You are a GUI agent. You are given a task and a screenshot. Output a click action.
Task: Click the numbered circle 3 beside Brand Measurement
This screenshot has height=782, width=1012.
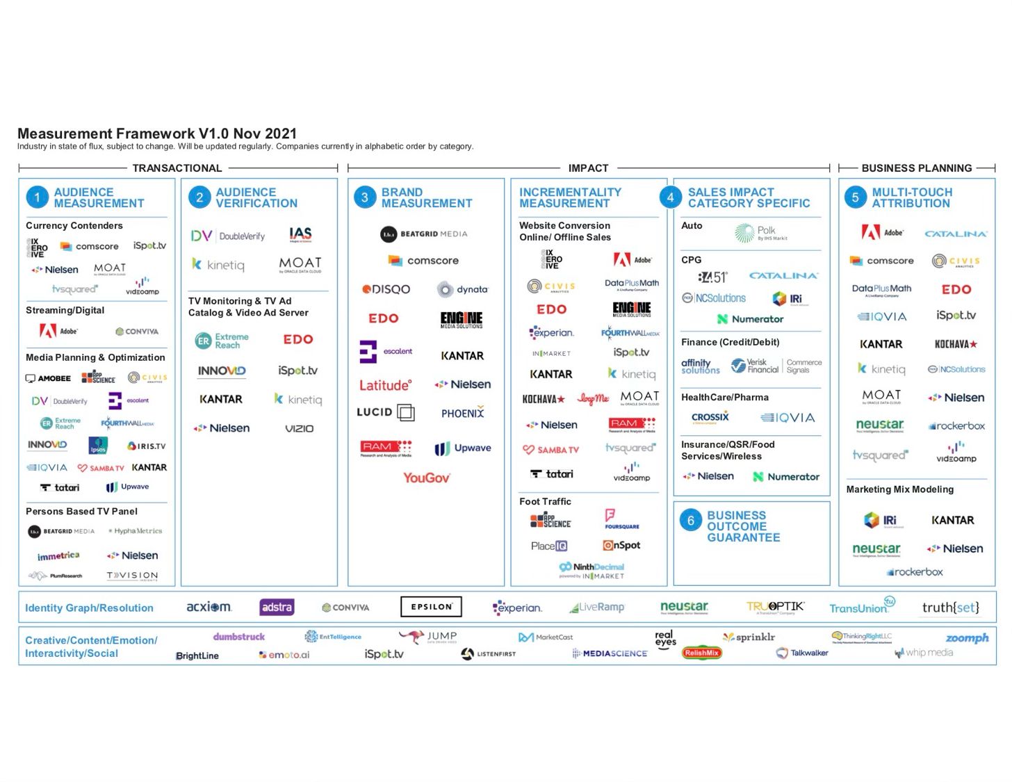[x=364, y=197]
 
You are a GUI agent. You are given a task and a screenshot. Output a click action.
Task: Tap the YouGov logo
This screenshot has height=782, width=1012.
[x=426, y=478]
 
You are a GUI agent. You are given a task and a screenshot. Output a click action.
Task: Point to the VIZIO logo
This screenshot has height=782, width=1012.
[x=299, y=428]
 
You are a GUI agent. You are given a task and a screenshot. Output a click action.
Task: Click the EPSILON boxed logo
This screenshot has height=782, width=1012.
[x=431, y=607]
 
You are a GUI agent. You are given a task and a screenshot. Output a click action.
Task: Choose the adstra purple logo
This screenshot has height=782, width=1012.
[x=277, y=607]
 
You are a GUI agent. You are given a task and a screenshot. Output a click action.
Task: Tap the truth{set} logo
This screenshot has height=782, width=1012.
[x=950, y=608]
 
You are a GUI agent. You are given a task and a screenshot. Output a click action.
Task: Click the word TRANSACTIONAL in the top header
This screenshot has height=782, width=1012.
[x=177, y=168]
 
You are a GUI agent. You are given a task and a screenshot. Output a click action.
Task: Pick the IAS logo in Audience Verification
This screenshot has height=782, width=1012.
[x=300, y=235]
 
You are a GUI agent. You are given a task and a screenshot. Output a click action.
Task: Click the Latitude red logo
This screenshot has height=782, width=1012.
[x=385, y=385]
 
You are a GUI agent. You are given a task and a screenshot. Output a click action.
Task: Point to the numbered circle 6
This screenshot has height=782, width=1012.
[x=690, y=521]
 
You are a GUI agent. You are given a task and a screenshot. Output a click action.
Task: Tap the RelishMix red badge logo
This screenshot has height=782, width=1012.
[x=701, y=653]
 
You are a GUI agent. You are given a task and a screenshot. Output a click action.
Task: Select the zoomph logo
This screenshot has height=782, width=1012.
[x=967, y=638]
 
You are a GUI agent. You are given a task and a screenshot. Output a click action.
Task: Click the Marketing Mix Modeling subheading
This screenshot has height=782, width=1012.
[x=899, y=489]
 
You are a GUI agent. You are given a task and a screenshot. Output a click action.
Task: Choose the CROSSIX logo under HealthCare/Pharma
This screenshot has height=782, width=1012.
[x=710, y=417]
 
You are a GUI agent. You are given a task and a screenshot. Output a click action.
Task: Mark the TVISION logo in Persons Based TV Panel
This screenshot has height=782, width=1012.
[x=132, y=576]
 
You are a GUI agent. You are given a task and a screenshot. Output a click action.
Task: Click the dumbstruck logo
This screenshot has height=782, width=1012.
[x=238, y=637]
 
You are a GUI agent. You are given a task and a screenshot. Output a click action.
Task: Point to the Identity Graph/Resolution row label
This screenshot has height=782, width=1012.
[x=89, y=608]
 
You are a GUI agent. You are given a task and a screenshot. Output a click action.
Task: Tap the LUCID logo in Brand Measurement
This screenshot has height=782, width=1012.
[x=385, y=412]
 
